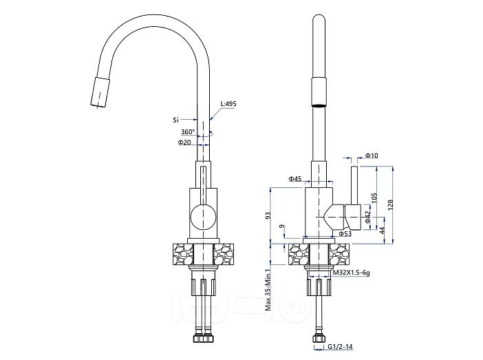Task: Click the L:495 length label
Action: [x=228, y=104]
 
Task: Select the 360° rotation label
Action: [x=187, y=131]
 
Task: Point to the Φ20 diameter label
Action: [x=184, y=142]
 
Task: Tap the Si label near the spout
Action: [x=176, y=120]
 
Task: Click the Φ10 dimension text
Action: [x=372, y=156]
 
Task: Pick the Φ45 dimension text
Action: [x=295, y=179]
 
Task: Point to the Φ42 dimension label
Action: [x=369, y=215]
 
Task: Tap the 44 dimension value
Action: [x=383, y=231]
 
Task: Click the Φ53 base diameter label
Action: [x=345, y=234]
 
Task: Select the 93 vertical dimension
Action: [x=268, y=215]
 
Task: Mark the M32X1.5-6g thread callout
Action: [x=352, y=273]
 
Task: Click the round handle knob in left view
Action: [x=202, y=217]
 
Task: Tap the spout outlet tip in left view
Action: [x=96, y=103]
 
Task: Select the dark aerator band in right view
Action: [x=319, y=105]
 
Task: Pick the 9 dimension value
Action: [x=281, y=227]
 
